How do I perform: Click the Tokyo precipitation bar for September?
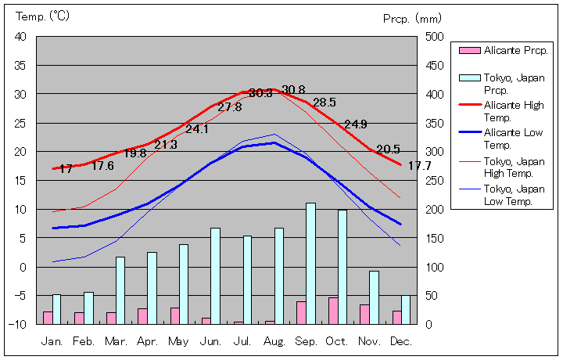click(310, 263)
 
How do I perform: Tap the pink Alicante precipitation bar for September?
click(301, 312)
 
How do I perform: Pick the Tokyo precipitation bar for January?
click(56, 308)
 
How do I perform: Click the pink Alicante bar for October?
click(333, 311)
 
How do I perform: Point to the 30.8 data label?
click(293, 89)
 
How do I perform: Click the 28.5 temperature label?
click(324, 103)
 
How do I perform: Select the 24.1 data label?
click(196, 129)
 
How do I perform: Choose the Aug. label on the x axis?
click(274, 341)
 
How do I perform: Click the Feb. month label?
click(84, 341)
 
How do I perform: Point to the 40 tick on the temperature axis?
click(20, 37)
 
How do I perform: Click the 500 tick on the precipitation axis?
click(435, 37)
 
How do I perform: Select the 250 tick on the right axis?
click(435, 180)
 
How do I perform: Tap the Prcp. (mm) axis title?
click(413, 18)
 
